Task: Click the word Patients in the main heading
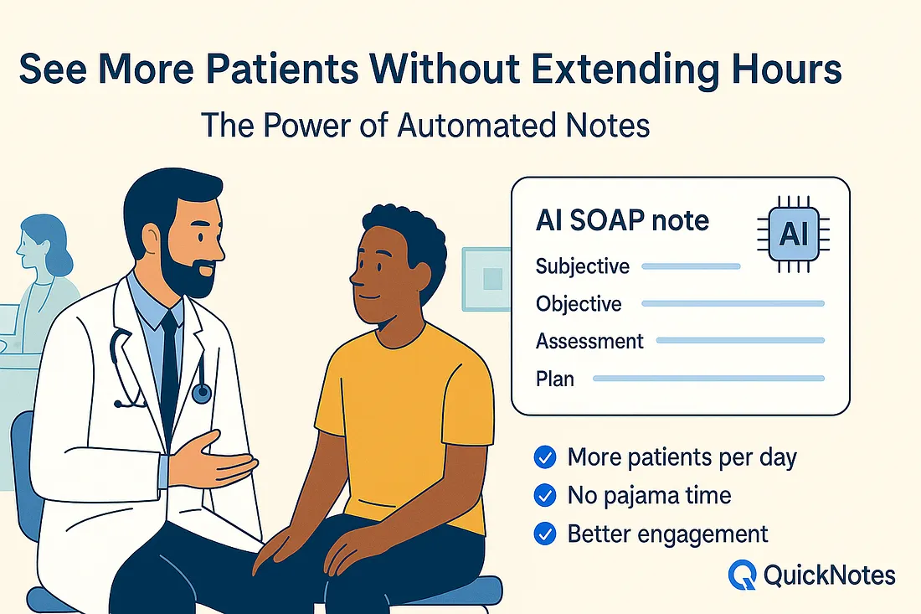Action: pos(282,70)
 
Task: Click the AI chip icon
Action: pos(794,235)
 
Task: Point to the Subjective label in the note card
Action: pos(582,266)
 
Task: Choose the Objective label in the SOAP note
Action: pos(579,304)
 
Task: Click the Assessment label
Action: pos(589,342)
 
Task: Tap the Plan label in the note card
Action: pos(555,379)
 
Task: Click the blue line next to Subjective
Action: pos(691,266)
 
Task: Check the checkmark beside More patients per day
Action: pos(545,457)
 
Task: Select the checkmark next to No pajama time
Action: pos(545,495)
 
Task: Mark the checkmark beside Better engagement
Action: pos(545,534)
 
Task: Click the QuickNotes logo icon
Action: pos(742,575)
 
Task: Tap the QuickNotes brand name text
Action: pos(830,575)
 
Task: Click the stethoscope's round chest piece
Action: pos(202,393)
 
